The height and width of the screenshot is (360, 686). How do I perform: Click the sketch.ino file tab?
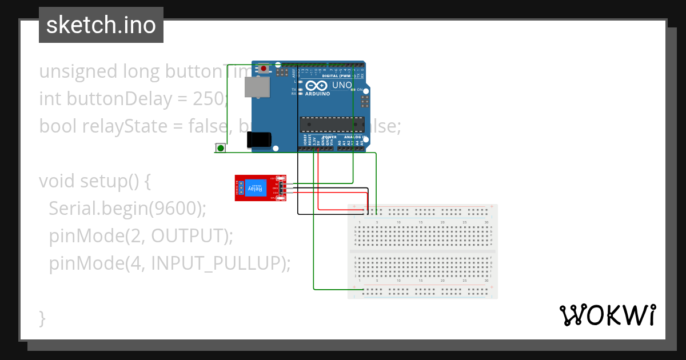click(101, 25)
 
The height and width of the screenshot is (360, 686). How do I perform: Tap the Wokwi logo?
click(607, 315)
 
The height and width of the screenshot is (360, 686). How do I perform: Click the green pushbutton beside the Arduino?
click(220, 148)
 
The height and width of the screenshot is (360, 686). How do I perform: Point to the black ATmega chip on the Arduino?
click(332, 124)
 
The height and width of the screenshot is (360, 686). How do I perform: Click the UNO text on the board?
click(342, 85)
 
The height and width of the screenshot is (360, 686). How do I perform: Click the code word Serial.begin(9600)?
click(127, 209)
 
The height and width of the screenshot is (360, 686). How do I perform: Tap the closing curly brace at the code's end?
click(42, 317)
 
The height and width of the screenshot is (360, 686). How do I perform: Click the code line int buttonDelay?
click(133, 99)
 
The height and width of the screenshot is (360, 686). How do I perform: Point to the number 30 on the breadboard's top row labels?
click(486, 222)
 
